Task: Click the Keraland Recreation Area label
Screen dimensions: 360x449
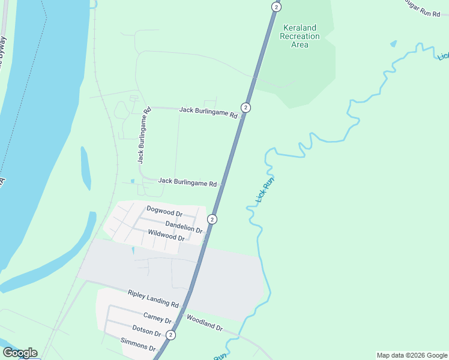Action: point(300,36)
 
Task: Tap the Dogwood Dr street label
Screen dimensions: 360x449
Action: point(164,212)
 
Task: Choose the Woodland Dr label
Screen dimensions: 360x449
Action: point(204,322)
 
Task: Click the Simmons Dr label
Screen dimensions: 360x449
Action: point(138,344)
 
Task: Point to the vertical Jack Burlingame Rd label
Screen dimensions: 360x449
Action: point(143,137)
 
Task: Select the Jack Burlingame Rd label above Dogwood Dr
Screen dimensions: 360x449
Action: point(187,182)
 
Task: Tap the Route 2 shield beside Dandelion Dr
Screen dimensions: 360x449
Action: point(212,219)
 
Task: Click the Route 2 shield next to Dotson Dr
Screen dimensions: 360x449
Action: point(171,335)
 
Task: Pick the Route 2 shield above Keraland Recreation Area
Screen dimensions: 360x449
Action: point(276,7)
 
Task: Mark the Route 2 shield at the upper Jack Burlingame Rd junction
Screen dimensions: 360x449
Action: point(246,107)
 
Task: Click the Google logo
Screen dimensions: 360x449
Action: point(20,353)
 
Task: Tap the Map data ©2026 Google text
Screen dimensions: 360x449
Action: point(411,355)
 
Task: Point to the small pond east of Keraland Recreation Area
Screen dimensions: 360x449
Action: point(393,44)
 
